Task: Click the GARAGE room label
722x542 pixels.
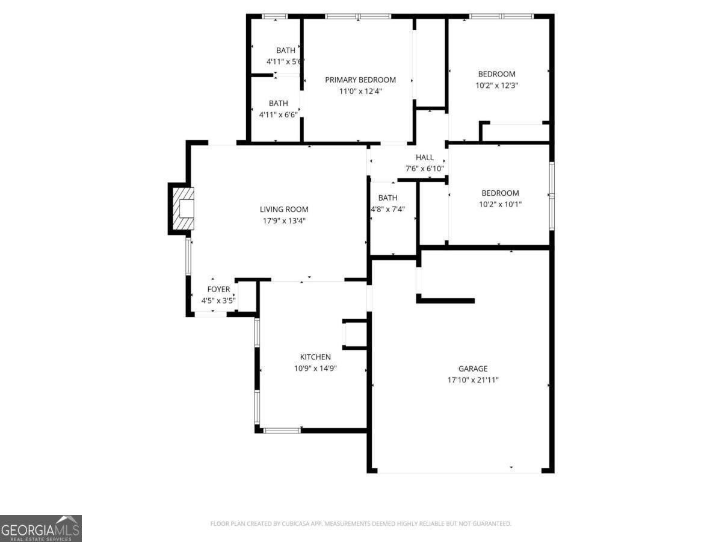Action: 472,369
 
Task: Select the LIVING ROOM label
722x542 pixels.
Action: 284,210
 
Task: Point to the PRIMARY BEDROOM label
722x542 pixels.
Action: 360,80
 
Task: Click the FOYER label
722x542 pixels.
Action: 218,290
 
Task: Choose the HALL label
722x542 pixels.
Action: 424,158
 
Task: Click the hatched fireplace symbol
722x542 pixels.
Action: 183,208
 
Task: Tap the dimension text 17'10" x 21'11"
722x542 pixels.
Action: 472,380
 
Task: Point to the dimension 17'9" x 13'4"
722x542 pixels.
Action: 284,221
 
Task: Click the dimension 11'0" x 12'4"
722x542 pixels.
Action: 360,92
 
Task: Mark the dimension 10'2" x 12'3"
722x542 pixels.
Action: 496,86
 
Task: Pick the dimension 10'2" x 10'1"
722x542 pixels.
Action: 500,204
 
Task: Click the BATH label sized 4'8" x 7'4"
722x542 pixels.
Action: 387,198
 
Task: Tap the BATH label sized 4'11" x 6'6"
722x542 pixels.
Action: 278,104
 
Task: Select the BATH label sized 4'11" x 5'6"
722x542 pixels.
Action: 285,51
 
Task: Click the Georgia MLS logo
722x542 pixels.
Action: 41,528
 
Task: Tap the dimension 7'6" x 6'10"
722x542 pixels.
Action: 424,169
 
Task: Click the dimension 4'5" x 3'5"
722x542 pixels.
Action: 218,301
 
